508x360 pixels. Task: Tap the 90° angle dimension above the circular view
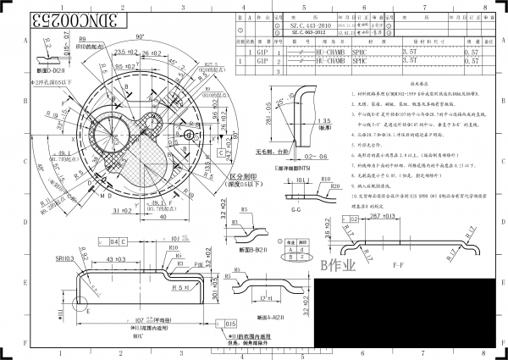tap(139, 37)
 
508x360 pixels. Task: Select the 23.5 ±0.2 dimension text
tap(127, 52)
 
